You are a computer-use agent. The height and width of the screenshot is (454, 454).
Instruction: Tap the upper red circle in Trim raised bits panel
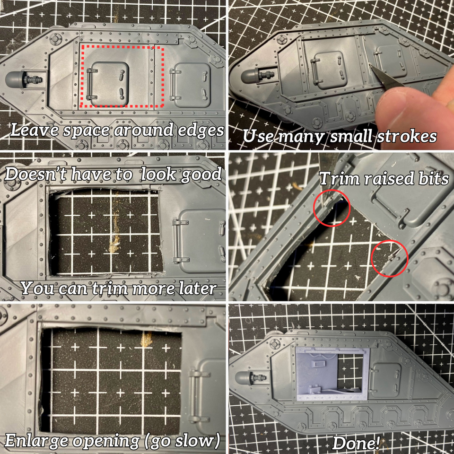(332, 208)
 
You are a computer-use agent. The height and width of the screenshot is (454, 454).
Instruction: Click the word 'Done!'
(356, 443)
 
